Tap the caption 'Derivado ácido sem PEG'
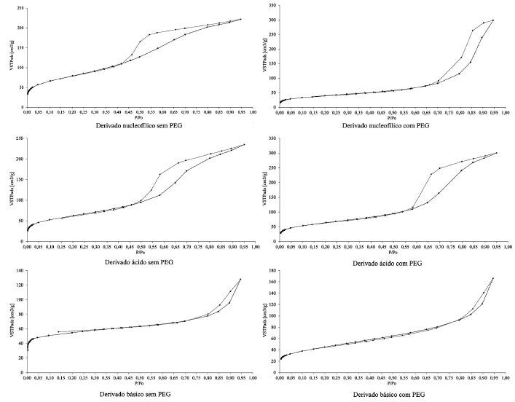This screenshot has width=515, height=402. [140, 261]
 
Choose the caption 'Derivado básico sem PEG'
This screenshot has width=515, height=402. [140, 393]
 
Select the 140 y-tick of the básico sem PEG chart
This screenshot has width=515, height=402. [19, 271]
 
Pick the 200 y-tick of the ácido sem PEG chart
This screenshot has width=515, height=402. [19, 159]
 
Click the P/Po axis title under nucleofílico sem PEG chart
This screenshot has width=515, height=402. [139, 117]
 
